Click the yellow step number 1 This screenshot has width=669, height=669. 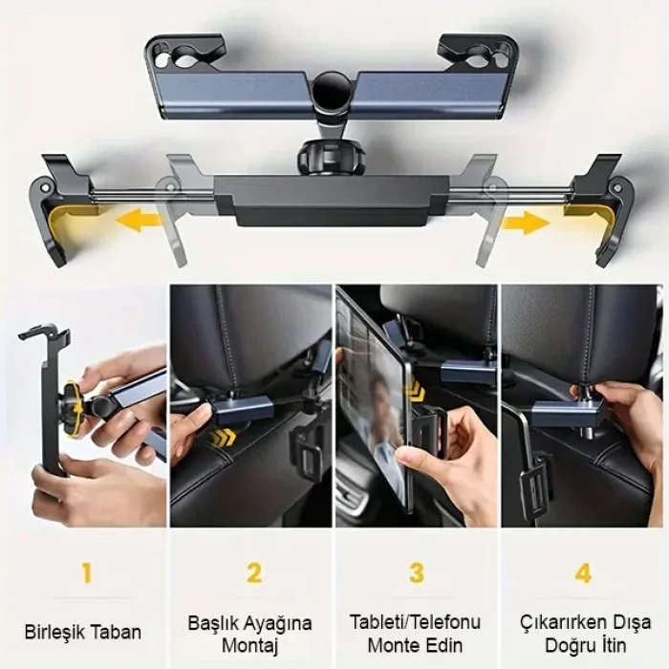(87, 573)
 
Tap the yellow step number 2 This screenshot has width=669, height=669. (254, 573)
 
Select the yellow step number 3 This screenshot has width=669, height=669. (417, 573)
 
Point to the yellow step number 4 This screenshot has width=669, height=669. (583, 573)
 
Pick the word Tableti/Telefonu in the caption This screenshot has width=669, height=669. (416, 622)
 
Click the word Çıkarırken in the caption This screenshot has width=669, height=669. (564, 622)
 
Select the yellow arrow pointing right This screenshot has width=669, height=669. (526, 223)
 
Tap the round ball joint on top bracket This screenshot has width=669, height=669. (334, 93)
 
